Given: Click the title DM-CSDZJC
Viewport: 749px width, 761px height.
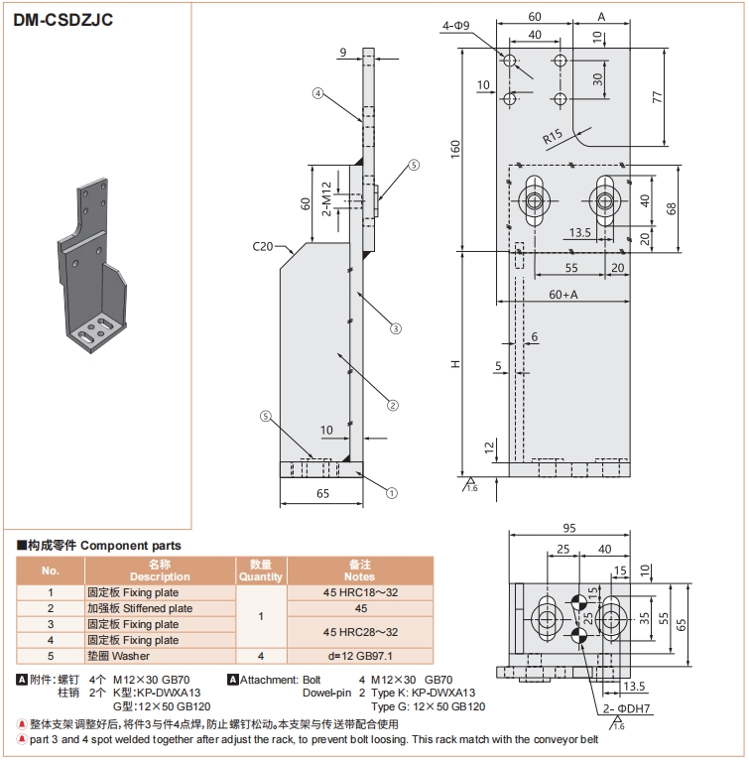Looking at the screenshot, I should (58, 19).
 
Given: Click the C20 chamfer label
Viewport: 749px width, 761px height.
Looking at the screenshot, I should (263, 244).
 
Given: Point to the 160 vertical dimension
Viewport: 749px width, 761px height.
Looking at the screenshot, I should (455, 148).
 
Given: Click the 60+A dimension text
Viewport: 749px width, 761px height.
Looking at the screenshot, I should (562, 295).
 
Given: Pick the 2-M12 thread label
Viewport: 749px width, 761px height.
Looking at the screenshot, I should (327, 198).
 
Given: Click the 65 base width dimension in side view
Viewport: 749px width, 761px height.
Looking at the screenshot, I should (322, 493).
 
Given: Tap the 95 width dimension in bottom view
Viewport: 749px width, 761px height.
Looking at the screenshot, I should (569, 528).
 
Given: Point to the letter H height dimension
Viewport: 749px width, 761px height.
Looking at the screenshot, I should (455, 365).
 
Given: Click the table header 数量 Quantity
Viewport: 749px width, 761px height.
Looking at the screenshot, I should (261, 570).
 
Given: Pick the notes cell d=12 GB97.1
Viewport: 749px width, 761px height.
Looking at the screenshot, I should (360, 656).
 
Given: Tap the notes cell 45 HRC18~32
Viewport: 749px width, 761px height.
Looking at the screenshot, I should (360, 592).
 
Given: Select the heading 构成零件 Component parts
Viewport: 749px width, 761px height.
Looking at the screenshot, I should (98, 546).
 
